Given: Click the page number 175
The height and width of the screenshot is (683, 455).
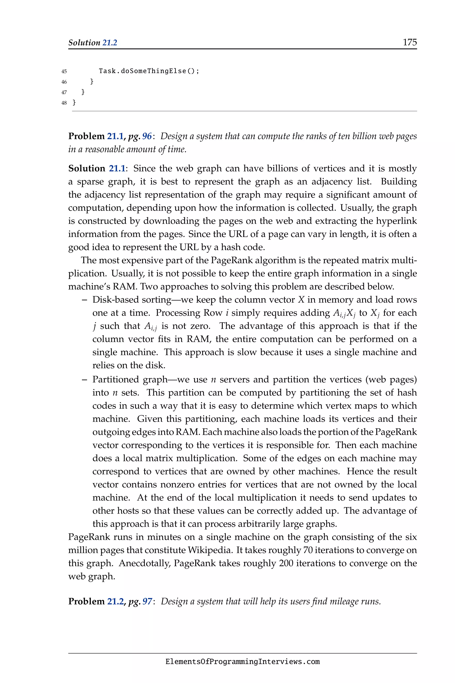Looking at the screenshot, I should click(x=409, y=42).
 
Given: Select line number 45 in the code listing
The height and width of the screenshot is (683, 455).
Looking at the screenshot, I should click(x=64, y=71).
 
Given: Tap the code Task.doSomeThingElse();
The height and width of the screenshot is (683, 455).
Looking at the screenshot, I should click(x=149, y=71).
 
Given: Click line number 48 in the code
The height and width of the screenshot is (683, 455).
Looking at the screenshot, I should click(x=64, y=103).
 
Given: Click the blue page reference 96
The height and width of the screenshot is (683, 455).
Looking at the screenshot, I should click(x=147, y=136).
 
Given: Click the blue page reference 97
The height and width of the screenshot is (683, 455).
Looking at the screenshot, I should click(x=147, y=601).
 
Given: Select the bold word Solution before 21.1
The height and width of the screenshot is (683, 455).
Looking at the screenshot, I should click(x=87, y=169).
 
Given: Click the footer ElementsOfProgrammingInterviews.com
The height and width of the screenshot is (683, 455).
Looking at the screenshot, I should click(x=243, y=662).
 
